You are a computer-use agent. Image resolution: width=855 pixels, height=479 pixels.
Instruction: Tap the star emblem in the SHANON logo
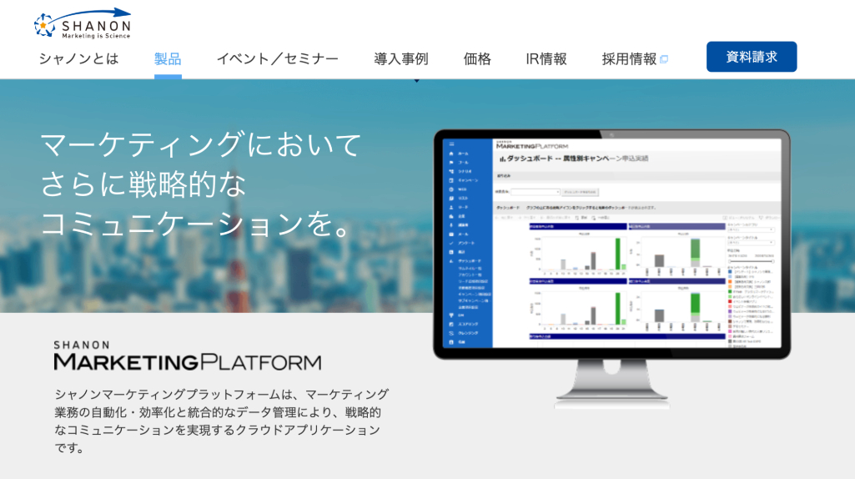[x=45, y=26]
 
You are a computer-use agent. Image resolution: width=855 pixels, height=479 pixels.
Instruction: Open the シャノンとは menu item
[x=78, y=59]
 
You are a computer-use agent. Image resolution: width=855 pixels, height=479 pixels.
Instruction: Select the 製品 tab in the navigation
[x=168, y=59]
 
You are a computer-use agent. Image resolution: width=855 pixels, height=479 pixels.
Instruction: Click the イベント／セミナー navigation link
[x=277, y=59]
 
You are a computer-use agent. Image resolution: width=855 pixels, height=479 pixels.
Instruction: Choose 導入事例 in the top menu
[x=400, y=59]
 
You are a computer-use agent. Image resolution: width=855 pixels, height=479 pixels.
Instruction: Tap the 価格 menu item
[x=477, y=59]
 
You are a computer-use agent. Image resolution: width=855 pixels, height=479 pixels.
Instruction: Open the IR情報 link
[x=546, y=59]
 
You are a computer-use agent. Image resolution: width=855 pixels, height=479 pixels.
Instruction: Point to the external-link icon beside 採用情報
[x=664, y=59]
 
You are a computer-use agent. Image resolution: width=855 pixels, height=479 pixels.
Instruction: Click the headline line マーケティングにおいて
[x=201, y=144]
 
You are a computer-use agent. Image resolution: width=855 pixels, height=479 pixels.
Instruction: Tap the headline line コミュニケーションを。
[x=196, y=223]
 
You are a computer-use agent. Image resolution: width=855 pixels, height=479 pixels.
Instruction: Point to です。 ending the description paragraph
[x=70, y=448]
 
